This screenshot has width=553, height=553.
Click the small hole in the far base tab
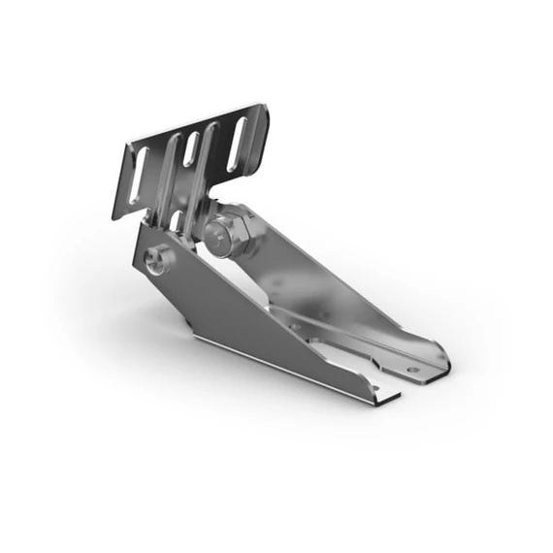[411, 369]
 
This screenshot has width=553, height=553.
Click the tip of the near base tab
[396, 398]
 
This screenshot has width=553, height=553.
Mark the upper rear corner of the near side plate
[141, 225]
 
